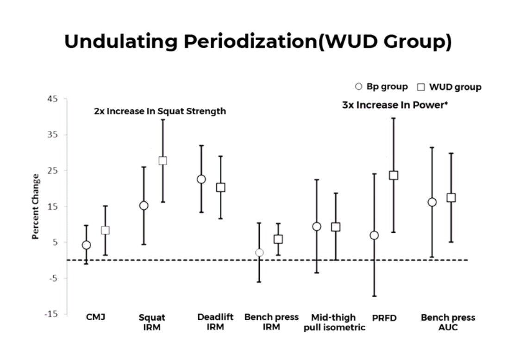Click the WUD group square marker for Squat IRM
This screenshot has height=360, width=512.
162,161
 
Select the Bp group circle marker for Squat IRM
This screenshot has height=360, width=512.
144,205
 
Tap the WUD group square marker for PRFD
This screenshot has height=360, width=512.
393,175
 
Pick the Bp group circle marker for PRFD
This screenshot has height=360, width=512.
374,236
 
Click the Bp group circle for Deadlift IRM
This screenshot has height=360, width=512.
201,179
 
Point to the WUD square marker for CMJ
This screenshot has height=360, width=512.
105,230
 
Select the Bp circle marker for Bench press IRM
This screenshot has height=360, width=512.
259,253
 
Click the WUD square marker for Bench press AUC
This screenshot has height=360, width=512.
451,198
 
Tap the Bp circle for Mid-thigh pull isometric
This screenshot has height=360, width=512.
317,226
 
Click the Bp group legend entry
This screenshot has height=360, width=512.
381,87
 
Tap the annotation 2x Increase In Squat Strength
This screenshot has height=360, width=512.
160,112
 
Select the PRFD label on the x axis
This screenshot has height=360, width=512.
384,318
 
